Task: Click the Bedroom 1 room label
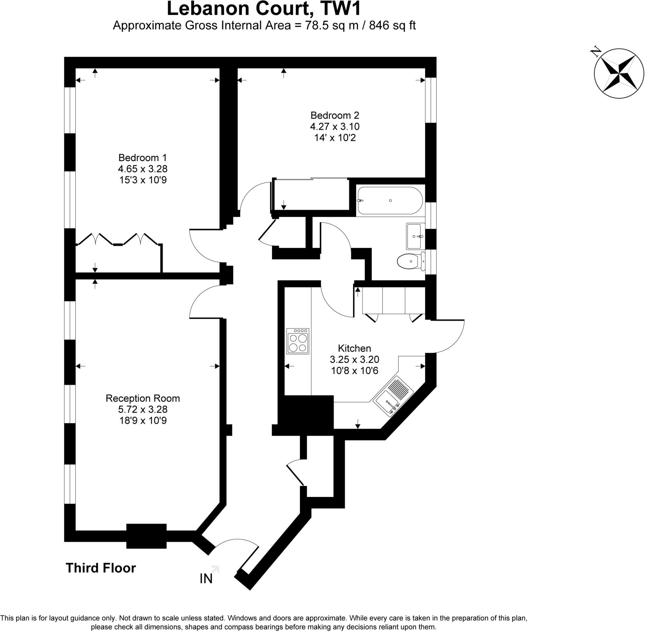tap(142, 158)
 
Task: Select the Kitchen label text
tap(354, 348)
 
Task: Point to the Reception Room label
tap(142, 398)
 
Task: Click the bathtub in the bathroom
tap(390, 201)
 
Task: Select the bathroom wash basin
tap(414, 236)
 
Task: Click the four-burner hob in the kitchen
tap(297, 341)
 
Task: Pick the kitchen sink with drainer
tap(393, 395)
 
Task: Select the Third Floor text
tap(101, 568)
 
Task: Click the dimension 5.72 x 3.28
tap(142, 409)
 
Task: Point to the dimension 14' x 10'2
tap(335, 138)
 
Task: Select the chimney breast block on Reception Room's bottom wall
tap(146, 536)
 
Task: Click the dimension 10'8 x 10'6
tap(354, 371)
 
